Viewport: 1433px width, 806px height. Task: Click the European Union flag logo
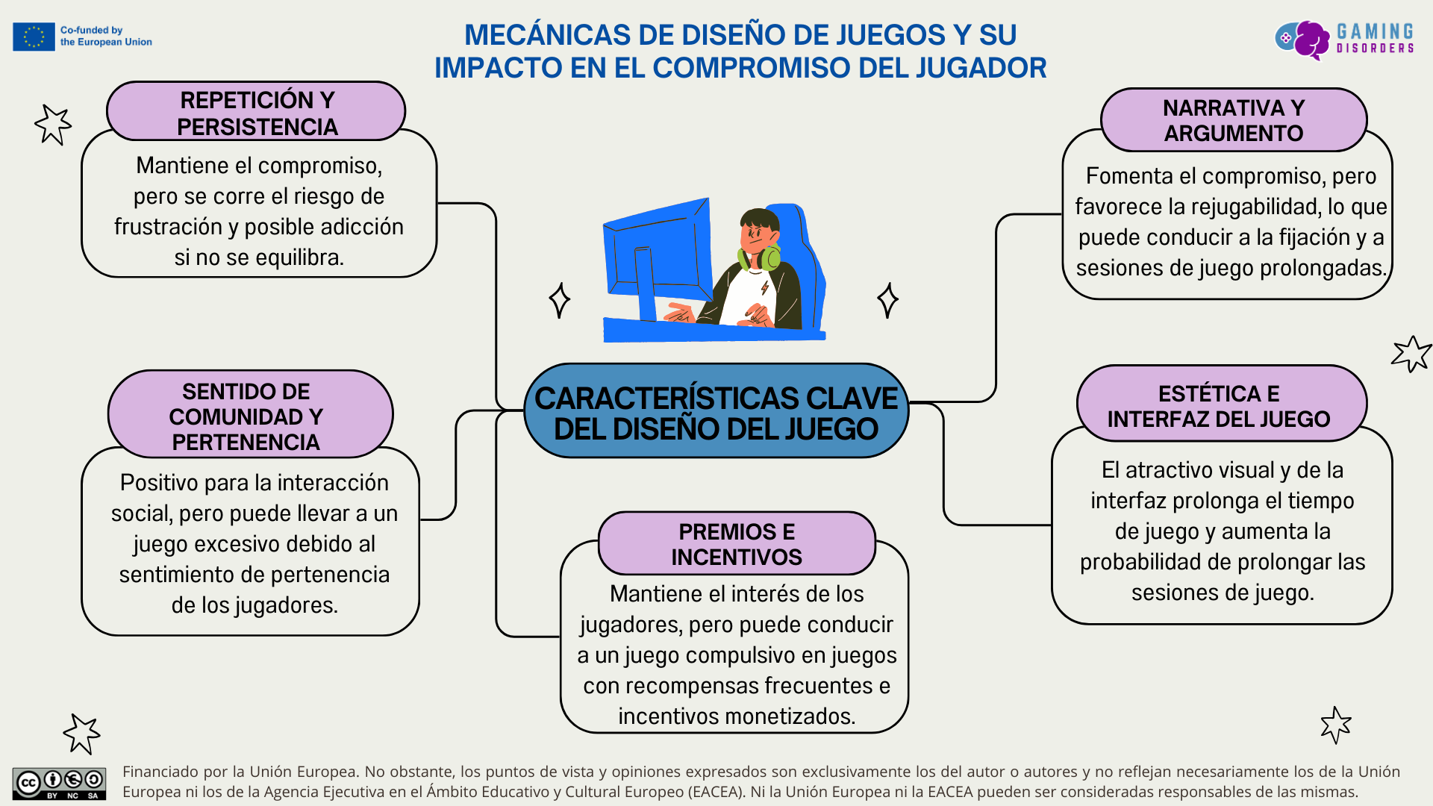[x=34, y=37]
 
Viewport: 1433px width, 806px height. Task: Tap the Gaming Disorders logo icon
[x=1302, y=39]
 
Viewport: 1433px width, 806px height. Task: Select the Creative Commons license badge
[x=59, y=783]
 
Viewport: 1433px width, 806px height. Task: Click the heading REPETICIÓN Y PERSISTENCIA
[x=257, y=113]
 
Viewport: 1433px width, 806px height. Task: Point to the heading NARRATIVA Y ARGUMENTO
[x=1233, y=120]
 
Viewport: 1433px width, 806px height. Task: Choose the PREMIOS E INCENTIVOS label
[x=736, y=544]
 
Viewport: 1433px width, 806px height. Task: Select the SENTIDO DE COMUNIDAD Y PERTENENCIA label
[x=246, y=416]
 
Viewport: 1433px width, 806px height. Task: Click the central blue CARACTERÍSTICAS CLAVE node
[x=716, y=413]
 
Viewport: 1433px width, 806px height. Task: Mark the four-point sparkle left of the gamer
[x=559, y=300]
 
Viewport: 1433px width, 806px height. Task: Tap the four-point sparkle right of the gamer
[x=887, y=300]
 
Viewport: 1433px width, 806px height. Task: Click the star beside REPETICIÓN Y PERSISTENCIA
[x=53, y=124]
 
